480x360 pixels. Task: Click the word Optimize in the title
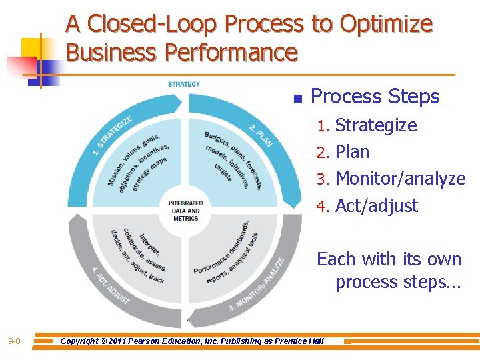pyautogui.click(x=386, y=25)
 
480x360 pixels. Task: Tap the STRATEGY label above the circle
pyautogui.click(x=184, y=84)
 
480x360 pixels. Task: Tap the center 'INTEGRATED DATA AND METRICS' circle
pyautogui.click(x=186, y=210)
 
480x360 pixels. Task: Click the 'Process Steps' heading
pyautogui.click(x=375, y=97)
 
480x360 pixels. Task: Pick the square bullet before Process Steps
pyautogui.click(x=298, y=99)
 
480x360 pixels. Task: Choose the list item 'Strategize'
pyautogui.click(x=376, y=125)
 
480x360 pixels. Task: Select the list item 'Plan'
pyautogui.click(x=352, y=152)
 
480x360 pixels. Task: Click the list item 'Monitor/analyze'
pyautogui.click(x=400, y=179)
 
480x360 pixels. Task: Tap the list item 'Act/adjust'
pyautogui.click(x=377, y=205)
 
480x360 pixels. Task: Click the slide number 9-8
pyautogui.click(x=14, y=342)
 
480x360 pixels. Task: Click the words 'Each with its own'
pyautogui.click(x=389, y=259)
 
